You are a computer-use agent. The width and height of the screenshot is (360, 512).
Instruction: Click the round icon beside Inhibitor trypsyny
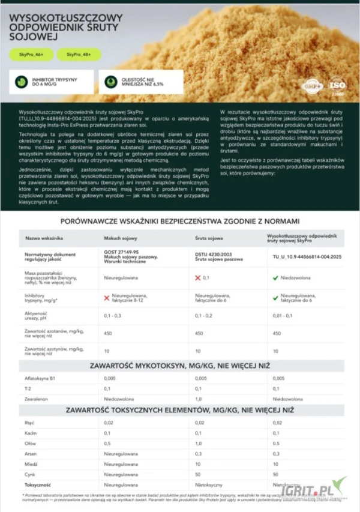[21, 82]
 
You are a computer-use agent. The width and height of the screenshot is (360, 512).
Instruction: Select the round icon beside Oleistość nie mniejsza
[110, 82]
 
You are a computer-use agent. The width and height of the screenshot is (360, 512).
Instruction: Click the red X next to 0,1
[198, 278]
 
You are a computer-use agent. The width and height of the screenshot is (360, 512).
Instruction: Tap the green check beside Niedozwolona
[275, 278]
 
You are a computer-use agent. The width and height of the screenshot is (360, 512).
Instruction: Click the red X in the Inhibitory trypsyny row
[107, 298]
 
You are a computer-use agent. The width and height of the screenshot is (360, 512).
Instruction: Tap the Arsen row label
[31, 454]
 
